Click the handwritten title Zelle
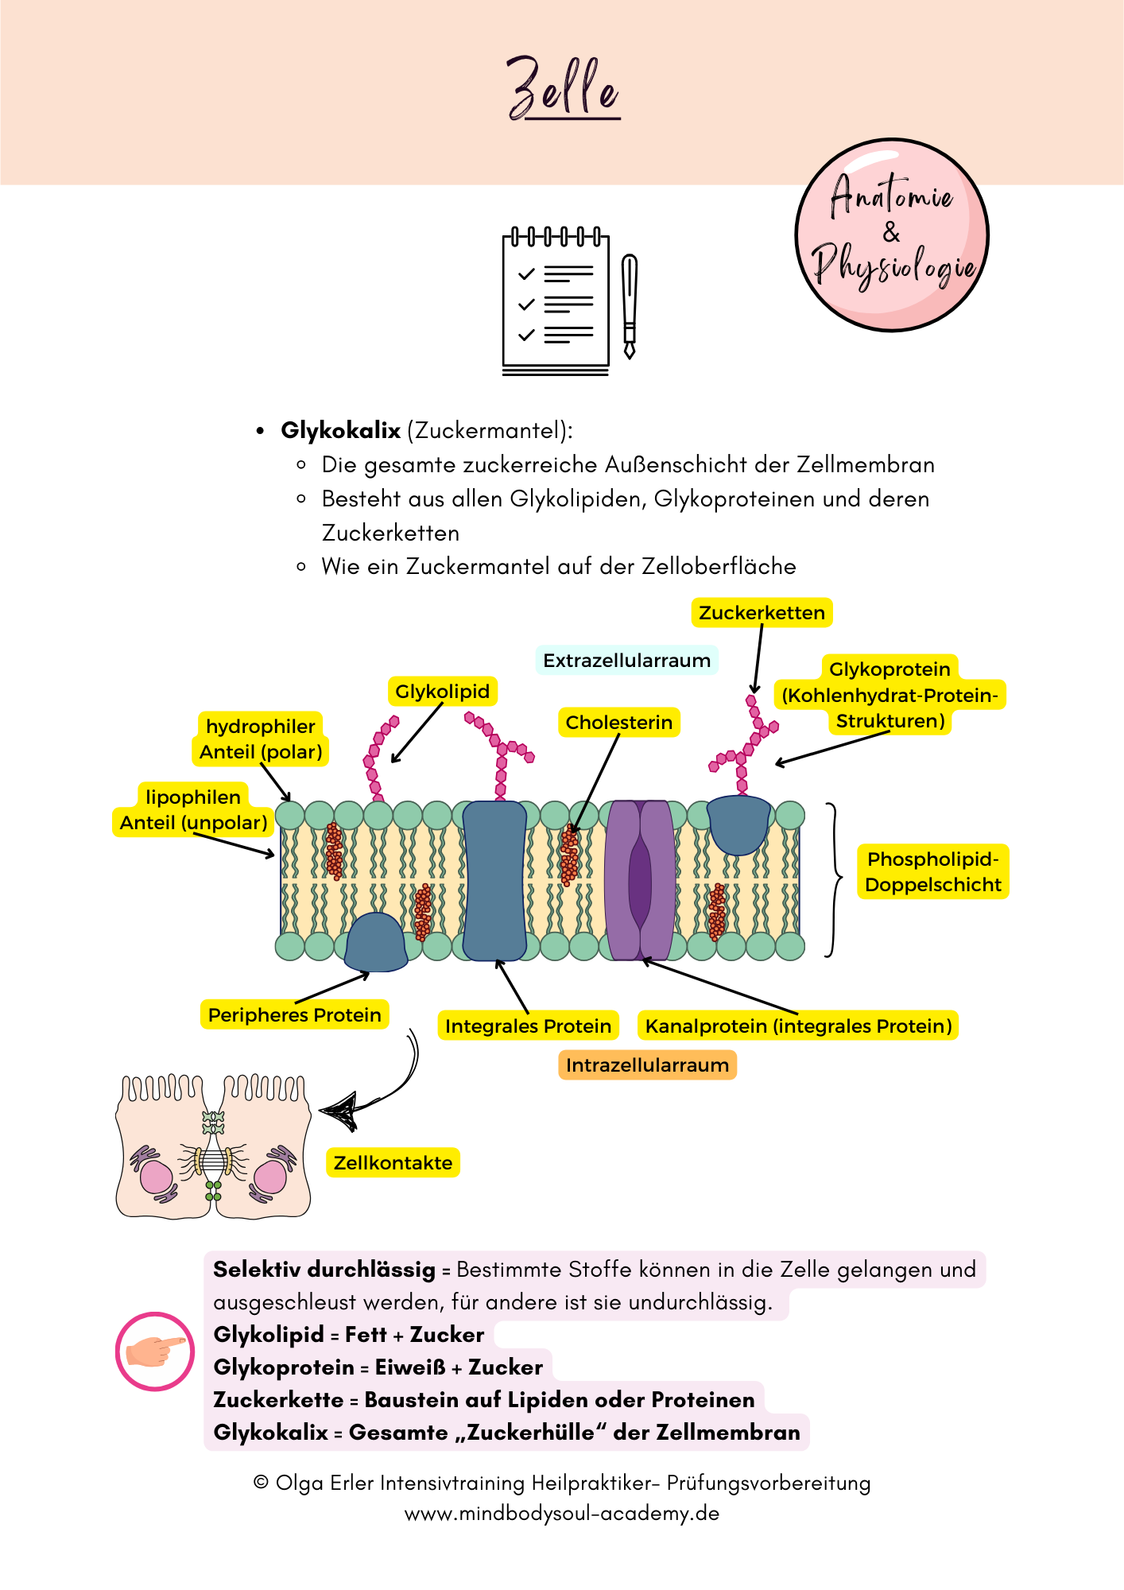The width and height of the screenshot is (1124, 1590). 563,88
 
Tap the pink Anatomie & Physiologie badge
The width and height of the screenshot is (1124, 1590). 892,235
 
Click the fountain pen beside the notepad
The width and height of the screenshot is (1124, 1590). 630,306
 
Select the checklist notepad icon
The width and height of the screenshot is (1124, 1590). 556,302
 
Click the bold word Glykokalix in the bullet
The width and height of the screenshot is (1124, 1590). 340,430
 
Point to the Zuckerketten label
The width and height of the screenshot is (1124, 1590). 762,613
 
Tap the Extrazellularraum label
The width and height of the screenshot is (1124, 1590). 626,661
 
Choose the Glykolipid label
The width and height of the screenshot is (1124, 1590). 442,692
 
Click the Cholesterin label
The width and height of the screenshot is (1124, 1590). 618,723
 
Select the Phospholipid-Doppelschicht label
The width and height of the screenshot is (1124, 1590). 932,872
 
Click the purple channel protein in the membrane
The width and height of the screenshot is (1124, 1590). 639,880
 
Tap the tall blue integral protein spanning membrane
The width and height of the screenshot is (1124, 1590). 494,880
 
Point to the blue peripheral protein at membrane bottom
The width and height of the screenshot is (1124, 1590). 376,944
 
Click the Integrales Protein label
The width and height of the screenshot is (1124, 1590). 528,1026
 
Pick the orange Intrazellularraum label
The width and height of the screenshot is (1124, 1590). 647,1065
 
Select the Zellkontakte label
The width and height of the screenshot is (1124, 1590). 393,1163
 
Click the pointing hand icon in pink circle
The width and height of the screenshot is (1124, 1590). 155,1351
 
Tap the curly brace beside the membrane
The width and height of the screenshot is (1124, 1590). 833,879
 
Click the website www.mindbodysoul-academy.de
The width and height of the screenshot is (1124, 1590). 562,1514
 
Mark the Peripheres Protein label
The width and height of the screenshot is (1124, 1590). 294,1015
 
